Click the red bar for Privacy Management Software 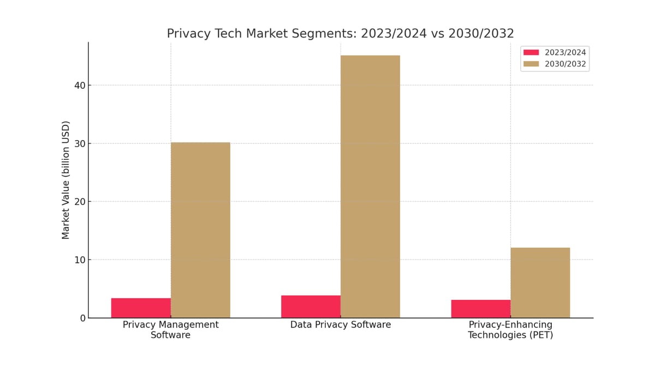pyautogui.click(x=141, y=308)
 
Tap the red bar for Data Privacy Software pyautogui.click(x=311, y=306)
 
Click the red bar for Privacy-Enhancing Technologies pyautogui.click(x=481, y=309)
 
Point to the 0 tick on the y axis pyautogui.click(x=82, y=318)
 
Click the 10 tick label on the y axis pyautogui.click(x=80, y=260)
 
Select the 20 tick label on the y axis pyautogui.click(x=80, y=202)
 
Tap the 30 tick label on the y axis pyautogui.click(x=80, y=143)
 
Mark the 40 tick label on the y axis pyautogui.click(x=80, y=85)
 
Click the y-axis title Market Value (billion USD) pyautogui.click(x=66, y=180)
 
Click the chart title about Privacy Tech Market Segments pyautogui.click(x=341, y=34)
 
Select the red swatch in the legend pyautogui.click(x=531, y=52)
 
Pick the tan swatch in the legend pyautogui.click(x=531, y=64)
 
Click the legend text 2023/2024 pyautogui.click(x=565, y=52)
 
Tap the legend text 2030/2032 pyautogui.click(x=565, y=64)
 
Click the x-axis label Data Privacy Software pyautogui.click(x=341, y=325)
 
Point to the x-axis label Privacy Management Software pyautogui.click(x=170, y=330)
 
